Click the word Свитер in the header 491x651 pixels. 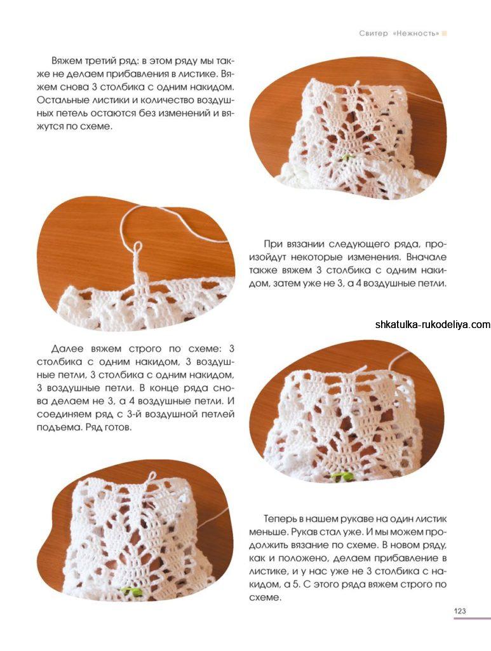click(x=373, y=33)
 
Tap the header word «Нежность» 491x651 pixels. click(x=415, y=33)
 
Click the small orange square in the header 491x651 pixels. click(x=445, y=33)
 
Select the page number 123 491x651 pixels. click(x=460, y=611)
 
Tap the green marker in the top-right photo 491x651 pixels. click(x=346, y=157)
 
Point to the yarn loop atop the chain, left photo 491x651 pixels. click(x=137, y=247)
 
